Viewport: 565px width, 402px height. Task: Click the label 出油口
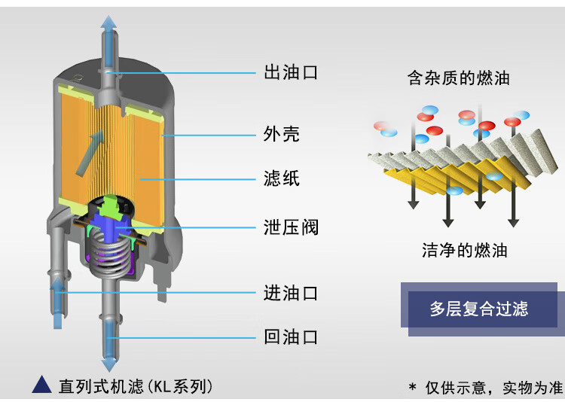pyautogui.click(x=291, y=72)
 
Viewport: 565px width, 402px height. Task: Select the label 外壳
pyautogui.click(x=282, y=134)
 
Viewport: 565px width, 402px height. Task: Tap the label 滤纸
pyautogui.click(x=282, y=178)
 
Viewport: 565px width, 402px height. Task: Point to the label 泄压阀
pyautogui.click(x=291, y=227)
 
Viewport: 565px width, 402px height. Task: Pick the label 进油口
pyautogui.click(x=291, y=293)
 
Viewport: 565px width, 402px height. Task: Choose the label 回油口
pyautogui.click(x=291, y=337)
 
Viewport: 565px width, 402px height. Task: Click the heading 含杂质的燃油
pyautogui.click(x=458, y=78)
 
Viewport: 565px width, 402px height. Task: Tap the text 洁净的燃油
pyautogui.click(x=465, y=250)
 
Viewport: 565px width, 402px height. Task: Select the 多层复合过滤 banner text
pyautogui.click(x=479, y=309)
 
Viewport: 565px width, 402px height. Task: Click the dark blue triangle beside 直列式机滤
pyautogui.click(x=41, y=385)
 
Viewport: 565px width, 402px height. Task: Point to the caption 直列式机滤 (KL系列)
pyautogui.click(x=136, y=386)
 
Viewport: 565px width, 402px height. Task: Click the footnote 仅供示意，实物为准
pyautogui.click(x=493, y=388)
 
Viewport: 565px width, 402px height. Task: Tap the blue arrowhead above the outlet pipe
pyautogui.click(x=108, y=23)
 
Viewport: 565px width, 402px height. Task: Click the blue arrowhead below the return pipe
pyautogui.click(x=108, y=364)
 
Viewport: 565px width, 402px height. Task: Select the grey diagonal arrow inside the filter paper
pyautogui.click(x=89, y=153)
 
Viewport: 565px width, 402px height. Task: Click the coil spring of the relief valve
pyautogui.click(x=108, y=253)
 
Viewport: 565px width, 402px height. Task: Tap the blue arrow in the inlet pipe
pyautogui.click(x=57, y=303)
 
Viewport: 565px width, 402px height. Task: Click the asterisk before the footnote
pyautogui.click(x=412, y=387)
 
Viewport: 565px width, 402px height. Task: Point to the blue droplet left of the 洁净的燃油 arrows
pyautogui.click(x=454, y=190)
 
